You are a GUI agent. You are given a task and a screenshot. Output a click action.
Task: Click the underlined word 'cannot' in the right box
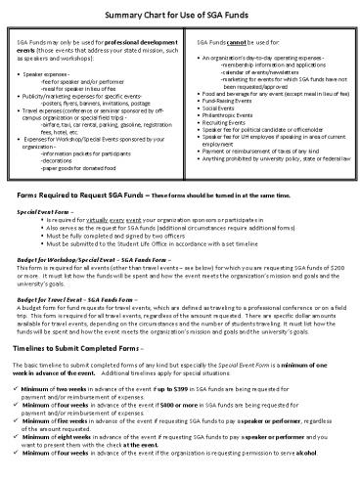point(235,45)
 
